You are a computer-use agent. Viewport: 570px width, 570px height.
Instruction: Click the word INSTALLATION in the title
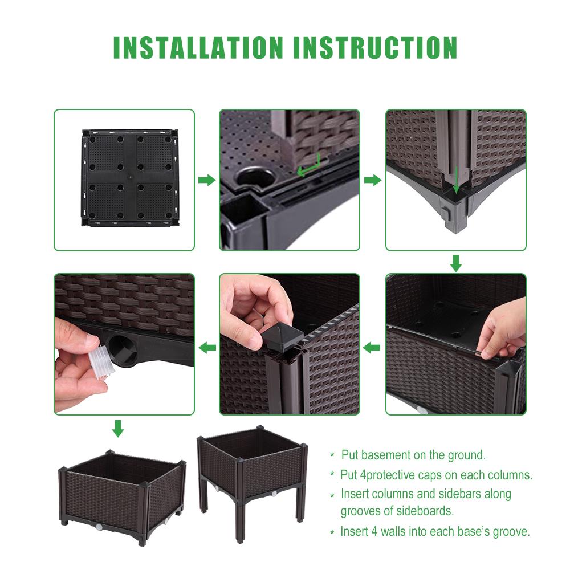point(198,48)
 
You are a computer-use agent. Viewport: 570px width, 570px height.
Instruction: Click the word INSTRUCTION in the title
point(375,48)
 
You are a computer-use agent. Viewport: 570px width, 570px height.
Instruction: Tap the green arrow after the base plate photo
point(206,180)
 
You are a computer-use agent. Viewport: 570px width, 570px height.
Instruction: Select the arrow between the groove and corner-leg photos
point(372,180)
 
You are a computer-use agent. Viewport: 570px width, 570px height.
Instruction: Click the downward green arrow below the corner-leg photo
point(456,263)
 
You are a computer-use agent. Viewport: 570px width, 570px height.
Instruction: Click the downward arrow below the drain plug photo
point(117,428)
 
